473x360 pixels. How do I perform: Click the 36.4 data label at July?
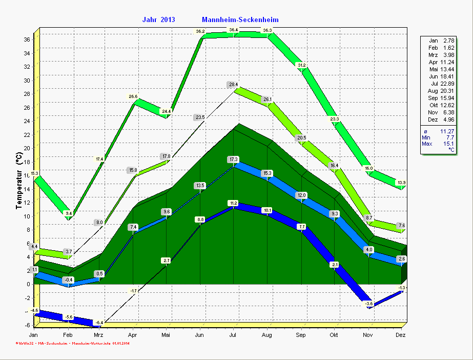[234, 30]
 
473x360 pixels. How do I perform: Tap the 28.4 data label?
[234, 85]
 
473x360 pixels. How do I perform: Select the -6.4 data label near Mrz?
[99, 322]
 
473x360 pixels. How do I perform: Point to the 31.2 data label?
[301, 65]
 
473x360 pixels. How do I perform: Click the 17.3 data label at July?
[234, 159]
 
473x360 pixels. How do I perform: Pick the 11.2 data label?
[234, 203]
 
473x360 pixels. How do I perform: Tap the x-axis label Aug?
[267, 335]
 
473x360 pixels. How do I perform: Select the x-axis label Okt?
[335, 335]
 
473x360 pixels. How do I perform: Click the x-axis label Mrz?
[99, 335]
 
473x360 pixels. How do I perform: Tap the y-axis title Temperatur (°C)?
[19, 181]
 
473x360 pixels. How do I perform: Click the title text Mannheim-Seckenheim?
[240, 19]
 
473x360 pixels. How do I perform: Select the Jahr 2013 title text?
[158, 19]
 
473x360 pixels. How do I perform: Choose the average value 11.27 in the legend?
[446, 131]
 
